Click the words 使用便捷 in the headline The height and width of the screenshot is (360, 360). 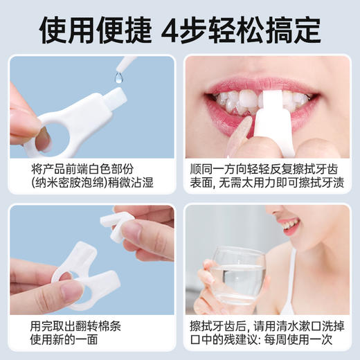(95, 28)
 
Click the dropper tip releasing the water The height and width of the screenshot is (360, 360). (127, 65)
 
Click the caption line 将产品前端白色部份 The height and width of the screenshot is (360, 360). (91, 169)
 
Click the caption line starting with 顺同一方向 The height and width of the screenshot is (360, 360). (267, 169)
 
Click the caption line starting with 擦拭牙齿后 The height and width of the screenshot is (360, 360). (267, 325)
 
